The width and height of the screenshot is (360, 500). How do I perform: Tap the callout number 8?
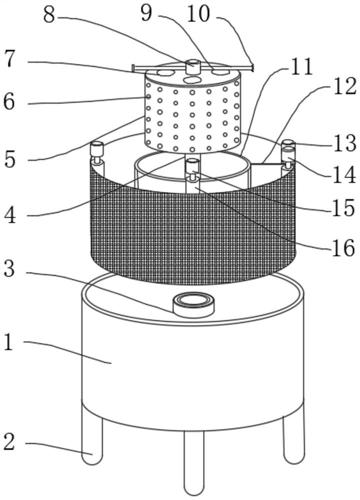[48, 14]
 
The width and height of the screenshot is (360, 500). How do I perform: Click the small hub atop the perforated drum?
[192, 65]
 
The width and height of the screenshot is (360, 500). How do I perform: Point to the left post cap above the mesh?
[96, 148]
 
